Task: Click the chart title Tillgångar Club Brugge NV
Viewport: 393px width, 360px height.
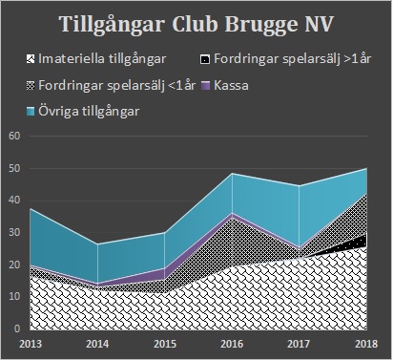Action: coord(196,24)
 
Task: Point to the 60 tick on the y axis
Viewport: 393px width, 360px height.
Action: coord(14,136)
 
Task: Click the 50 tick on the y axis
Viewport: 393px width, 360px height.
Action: coord(14,168)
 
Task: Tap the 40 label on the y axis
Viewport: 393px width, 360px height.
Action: coord(14,201)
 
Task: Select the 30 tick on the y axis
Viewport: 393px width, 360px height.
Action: coord(14,232)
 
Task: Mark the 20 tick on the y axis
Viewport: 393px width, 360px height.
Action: coord(14,265)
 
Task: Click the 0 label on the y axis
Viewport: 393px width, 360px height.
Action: coord(17,328)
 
